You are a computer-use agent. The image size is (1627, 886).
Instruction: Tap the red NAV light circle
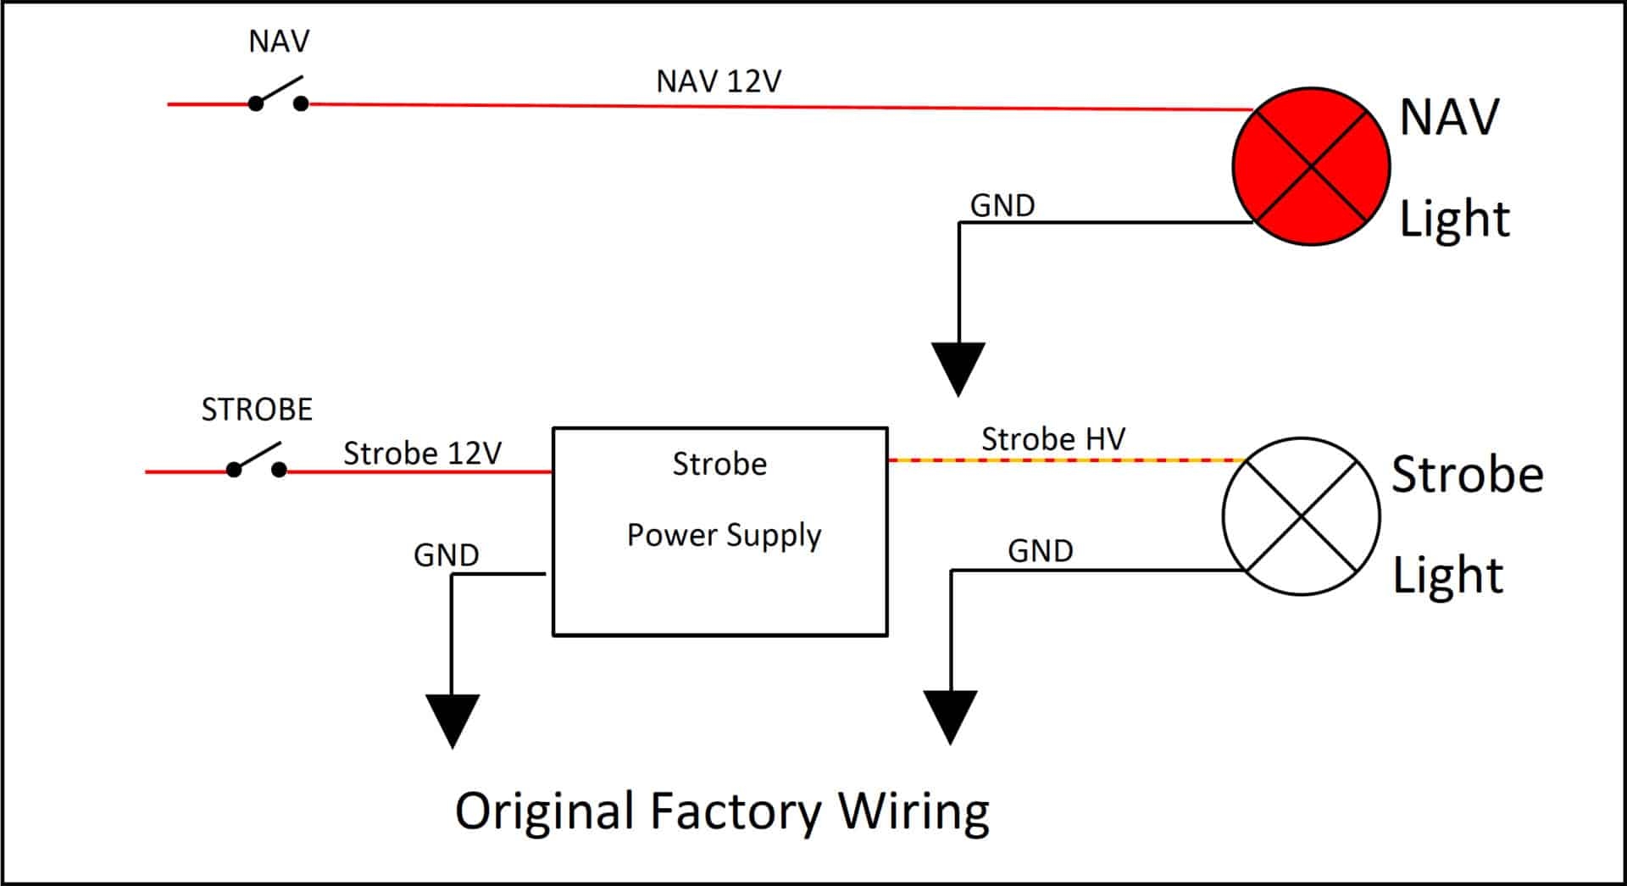click(1310, 166)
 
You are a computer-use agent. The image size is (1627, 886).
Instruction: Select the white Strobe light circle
click(1301, 516)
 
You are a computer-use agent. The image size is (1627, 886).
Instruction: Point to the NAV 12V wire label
click(719, 81)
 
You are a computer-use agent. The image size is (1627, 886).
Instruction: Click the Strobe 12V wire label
click(422, 454)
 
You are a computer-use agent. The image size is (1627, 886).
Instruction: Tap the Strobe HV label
click(1053, 439)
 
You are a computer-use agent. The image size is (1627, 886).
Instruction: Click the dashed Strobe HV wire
click(1066, 460)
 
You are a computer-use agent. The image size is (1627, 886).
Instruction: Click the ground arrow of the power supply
click(453, 720)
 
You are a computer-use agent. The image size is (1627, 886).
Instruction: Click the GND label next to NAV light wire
click(1002, 205)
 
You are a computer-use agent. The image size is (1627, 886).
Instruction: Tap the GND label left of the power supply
click(446, 555)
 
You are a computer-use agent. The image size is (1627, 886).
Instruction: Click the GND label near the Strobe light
click(1040, 552)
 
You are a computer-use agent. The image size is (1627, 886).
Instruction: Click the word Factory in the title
click(735, 811)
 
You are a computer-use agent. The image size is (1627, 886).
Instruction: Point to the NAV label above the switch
click(279, 42)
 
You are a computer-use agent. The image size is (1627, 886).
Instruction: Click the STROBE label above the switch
click(257, 410)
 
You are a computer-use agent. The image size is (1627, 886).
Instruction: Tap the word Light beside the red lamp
click(1453, 219)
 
